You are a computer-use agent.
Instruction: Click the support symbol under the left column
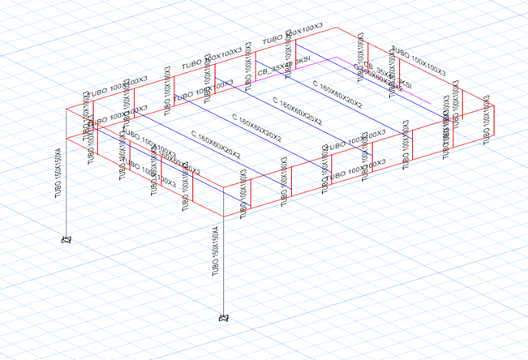(x=67, y=240)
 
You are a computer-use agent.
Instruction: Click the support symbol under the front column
(x=223, y=319)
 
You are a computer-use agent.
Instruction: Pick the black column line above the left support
(x=67, y=203)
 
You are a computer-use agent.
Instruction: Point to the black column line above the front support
(x=223, y=268)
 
